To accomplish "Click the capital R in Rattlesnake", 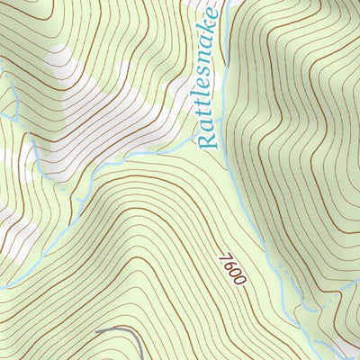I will (x=208, y=139).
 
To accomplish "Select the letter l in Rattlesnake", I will (x=208, y=97).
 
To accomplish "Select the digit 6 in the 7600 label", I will (x=228, y=265).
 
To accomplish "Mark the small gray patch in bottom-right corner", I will (x=346, y=349).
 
